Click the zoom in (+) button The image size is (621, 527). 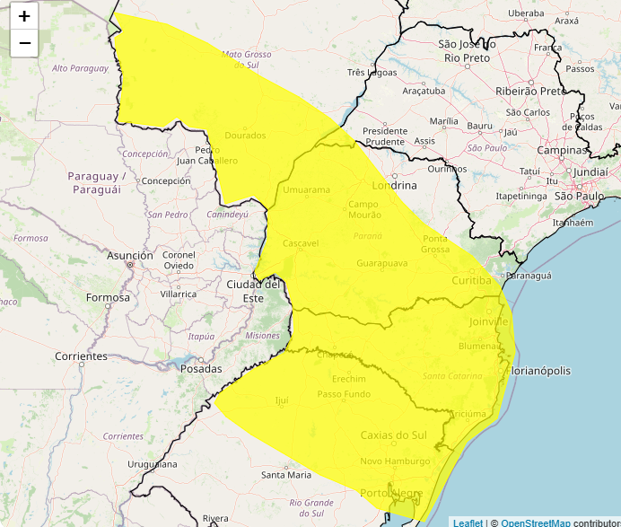coord(24,16)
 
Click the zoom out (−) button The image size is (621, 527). coord(24,42)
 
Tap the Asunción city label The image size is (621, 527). coord(130,256)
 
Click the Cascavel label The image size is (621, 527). coord(302,243)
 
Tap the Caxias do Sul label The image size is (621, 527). coord(393,435)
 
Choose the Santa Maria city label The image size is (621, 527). coord(286,474)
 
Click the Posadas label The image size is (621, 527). coord(201,369)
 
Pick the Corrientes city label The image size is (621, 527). coord(81,356)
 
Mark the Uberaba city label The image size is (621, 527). coord(526,13)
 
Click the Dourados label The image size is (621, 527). coord(246,136)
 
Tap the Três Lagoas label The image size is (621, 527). coord(372,73)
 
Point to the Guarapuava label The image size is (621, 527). coord(382,264)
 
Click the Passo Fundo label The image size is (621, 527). coord(344,394)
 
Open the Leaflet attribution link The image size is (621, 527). coord(468,523)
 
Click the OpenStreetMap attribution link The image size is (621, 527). coord(535,523)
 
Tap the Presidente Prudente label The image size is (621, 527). coord(385,136)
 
